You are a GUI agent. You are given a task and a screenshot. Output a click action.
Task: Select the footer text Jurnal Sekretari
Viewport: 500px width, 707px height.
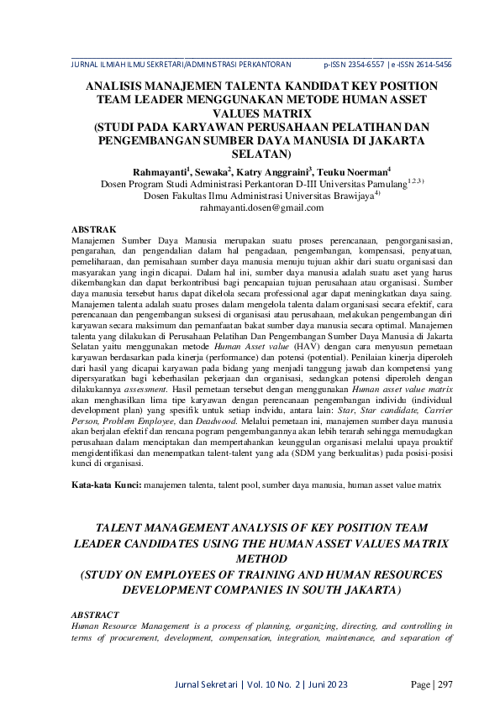click(x=205, y=685)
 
